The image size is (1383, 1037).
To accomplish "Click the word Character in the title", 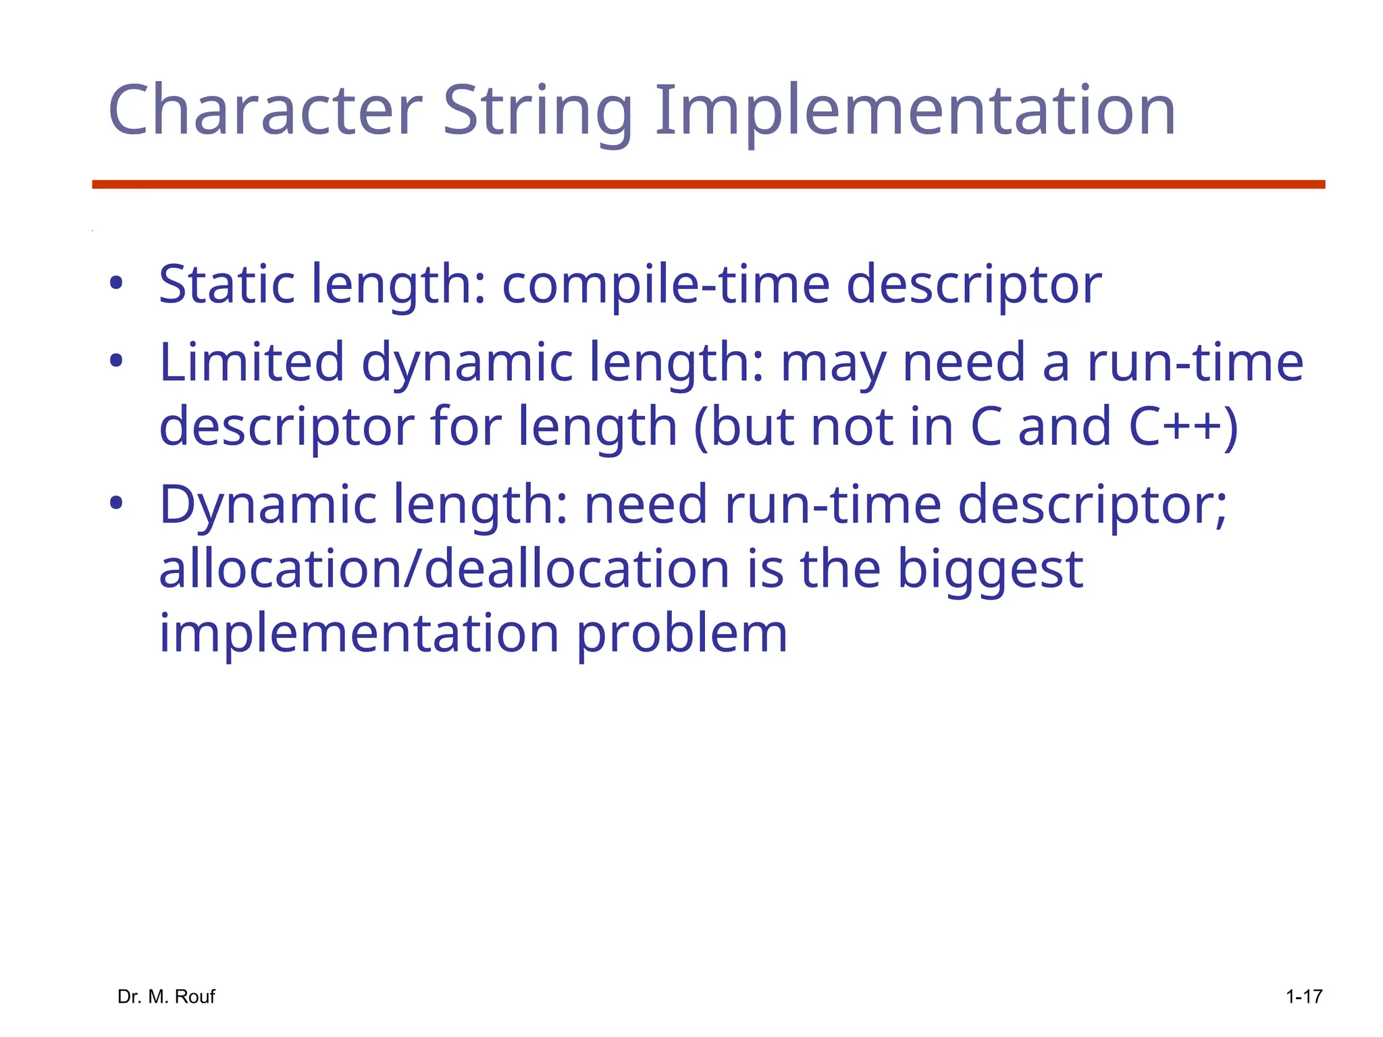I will pos(265,110).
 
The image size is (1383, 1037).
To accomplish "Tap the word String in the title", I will pos(538,110).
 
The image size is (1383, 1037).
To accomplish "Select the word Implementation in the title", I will pos(915,110).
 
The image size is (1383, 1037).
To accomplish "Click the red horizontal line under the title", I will pos(708,184).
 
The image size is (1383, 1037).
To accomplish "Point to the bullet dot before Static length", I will pos(116,284).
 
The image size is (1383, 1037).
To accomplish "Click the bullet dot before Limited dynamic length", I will pos(116,362).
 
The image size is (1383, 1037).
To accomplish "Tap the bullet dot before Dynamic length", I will pos(116,504).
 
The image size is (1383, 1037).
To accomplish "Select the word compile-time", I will pos(665,284).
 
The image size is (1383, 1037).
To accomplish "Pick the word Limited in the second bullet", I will pos(251,362).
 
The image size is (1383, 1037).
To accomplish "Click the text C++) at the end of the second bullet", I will pos(1183,426).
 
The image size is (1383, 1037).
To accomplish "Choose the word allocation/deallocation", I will pos(444,568).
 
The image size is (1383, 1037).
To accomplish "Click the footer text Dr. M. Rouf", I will pos(166,996).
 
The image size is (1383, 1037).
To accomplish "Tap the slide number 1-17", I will pos(1303,996).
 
